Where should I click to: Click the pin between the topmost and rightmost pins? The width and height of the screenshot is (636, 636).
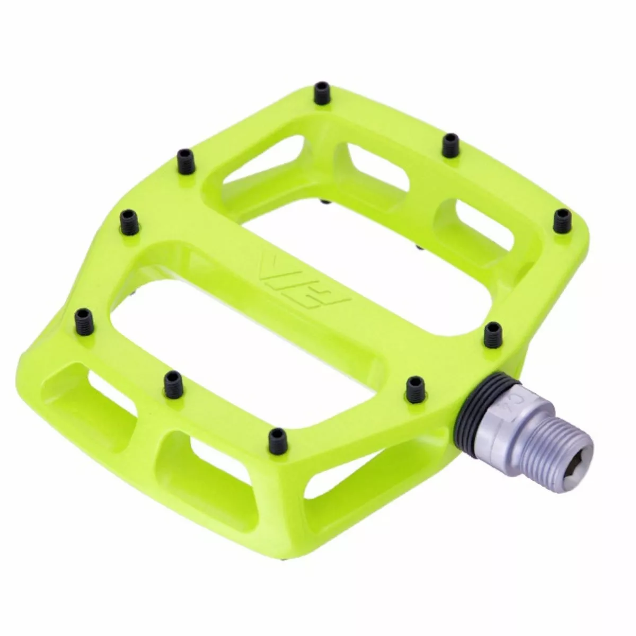(451, 144)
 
